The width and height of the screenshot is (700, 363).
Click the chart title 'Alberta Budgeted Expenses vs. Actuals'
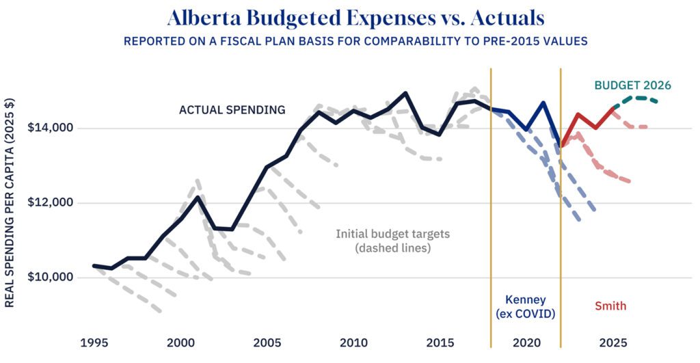pyautogui.click(x=350, y=16)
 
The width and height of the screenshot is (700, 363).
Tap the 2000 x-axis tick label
pyautogui.click(x=180, y=342)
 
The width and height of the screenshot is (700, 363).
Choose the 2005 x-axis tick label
pyautogui.click(x=266, y=342)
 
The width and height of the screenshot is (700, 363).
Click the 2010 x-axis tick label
pyautogui.click(x=352, y=342)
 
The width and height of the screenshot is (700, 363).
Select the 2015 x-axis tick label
pyautogui.click(x=438, y=342)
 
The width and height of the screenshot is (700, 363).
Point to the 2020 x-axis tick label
pyautogui.click(x=526, y=342)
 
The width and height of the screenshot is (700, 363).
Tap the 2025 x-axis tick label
pyautogui.click(x=612, y=342)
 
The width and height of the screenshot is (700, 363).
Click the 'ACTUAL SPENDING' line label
pyautogui.click(x=232, y=109)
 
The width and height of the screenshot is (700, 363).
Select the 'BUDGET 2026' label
pyautogui.click(x=632, y=85)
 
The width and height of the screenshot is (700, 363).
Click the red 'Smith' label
pyautogui.click(x=610, y=306)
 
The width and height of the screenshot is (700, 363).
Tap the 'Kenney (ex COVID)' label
pyautogui.click(x=526, y=306)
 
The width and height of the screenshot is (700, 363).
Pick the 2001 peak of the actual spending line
pyautogui.click(x=198, y=198)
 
